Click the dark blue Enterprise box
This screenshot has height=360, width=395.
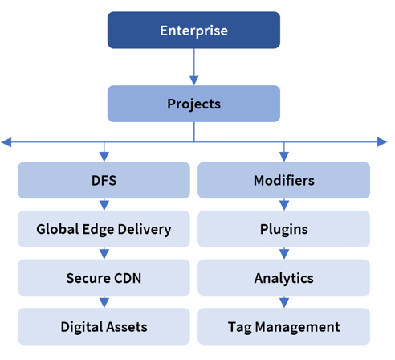pyautogui.click(x=193, y=30)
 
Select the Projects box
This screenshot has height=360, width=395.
pyautogui.click(x=193, y=104)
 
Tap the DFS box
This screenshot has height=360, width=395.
pyautogui.click(x=104, y=180)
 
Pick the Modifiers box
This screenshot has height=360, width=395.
pyautogui.click(x=284, y=180)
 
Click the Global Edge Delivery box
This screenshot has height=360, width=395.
pyautogui.click(x=104, y=229)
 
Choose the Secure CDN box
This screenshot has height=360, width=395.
pyautogui.click(x=104, y=277)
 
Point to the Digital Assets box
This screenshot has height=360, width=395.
pyautogui.click(x=104, y=326)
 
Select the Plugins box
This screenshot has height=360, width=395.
pyautogui.click(x=284, y=229)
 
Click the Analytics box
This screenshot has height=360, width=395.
pyautogui.click(x=284, y=277)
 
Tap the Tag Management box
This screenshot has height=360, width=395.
pyautogui.click(x=284, y=326)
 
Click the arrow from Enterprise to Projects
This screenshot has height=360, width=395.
pyautogui.click(x=194, y=67)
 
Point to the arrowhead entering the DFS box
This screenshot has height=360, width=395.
pyautogui.click(x=104, y=157)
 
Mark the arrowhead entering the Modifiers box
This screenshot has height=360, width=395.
pyautogui.click(x=284, y=157)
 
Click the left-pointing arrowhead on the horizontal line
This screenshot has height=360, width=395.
pyautogui.click(x=6, y=142)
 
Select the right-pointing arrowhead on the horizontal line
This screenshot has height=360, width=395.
pyautogui.click(x=382, y=142)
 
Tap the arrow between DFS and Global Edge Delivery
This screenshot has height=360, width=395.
pyautogui.click(x=104, y=204)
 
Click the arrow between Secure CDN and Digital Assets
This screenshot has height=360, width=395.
pyautogui.click(x=104, y=302)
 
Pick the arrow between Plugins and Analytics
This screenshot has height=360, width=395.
pyautogui.click(x=284, y=253)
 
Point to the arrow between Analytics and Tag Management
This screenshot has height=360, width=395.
pyautogui.click(x=284, y=302)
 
